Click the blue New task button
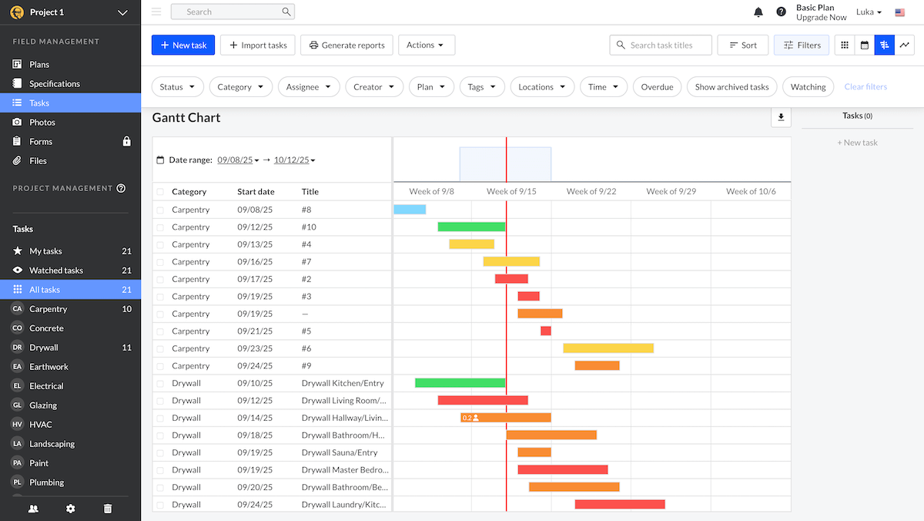(x=183, y=45)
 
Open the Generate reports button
(x=346, y=45)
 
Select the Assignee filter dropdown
(x=309, y=87)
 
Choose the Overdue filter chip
(x=657, y=87)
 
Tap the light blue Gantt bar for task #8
(x=410, y=210)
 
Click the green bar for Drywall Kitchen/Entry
(x=460, y=383)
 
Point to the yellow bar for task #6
(x=608, y=348)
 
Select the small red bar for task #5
(x=546, y=331)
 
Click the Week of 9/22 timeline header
(x=591, y=191)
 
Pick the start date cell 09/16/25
(x=256, y=262)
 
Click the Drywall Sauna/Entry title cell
(x=340, y=452)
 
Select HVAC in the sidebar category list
(x=40, y=425)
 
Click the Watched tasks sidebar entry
(x=55, y=271)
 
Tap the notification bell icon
(x=758, y=12)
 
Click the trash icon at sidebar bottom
(x=108, y=509)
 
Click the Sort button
(x=742, y=45)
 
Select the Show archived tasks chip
(x=731, y=87)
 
